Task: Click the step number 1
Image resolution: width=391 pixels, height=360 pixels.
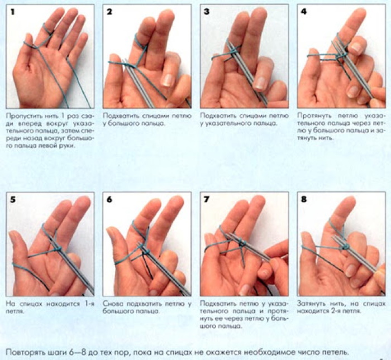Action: (12, 12)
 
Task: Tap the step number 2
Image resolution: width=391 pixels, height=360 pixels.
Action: (109, 12)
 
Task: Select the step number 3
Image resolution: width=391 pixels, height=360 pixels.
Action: (207, 12)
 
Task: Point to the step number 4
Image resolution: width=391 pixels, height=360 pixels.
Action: (304, 12)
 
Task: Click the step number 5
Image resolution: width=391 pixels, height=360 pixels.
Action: (12, 200)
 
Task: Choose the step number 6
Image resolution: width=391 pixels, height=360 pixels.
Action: (109, 200)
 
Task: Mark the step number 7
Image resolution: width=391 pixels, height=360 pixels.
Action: (207, 200)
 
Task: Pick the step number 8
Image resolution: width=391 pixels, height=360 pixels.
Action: (304, 200)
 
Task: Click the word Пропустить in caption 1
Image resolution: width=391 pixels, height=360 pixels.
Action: (21, 116)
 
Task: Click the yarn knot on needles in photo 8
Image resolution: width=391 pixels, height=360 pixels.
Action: (346, 247)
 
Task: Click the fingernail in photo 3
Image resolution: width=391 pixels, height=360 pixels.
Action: (259, 83)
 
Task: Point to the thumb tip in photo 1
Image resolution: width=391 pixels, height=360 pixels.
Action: (29, 37)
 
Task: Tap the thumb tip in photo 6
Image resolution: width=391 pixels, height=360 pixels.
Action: (111, 232)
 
